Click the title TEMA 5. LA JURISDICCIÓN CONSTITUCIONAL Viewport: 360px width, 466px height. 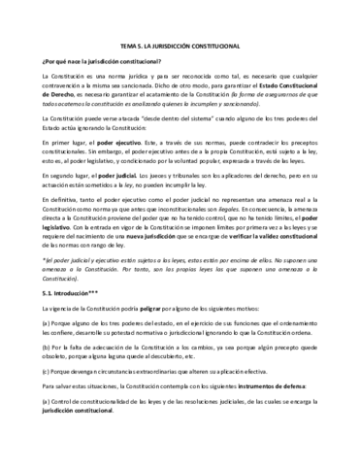tap(180, 46)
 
